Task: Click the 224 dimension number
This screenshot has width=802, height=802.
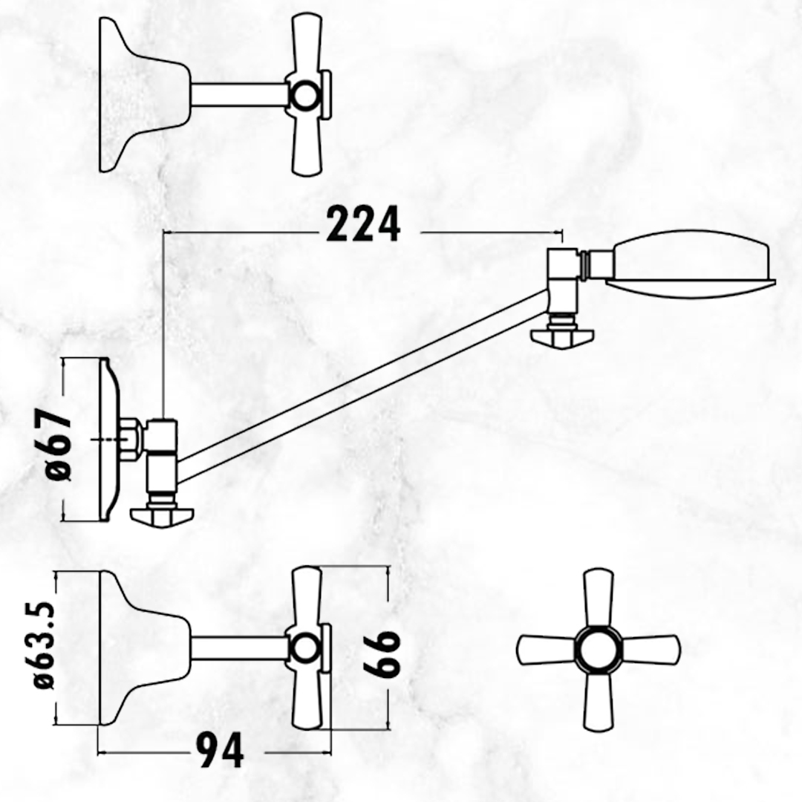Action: click(x=362, y=224)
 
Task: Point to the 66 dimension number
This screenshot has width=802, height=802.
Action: click(x=380, y=653)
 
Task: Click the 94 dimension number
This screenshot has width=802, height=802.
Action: click(x=219, y=750)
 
